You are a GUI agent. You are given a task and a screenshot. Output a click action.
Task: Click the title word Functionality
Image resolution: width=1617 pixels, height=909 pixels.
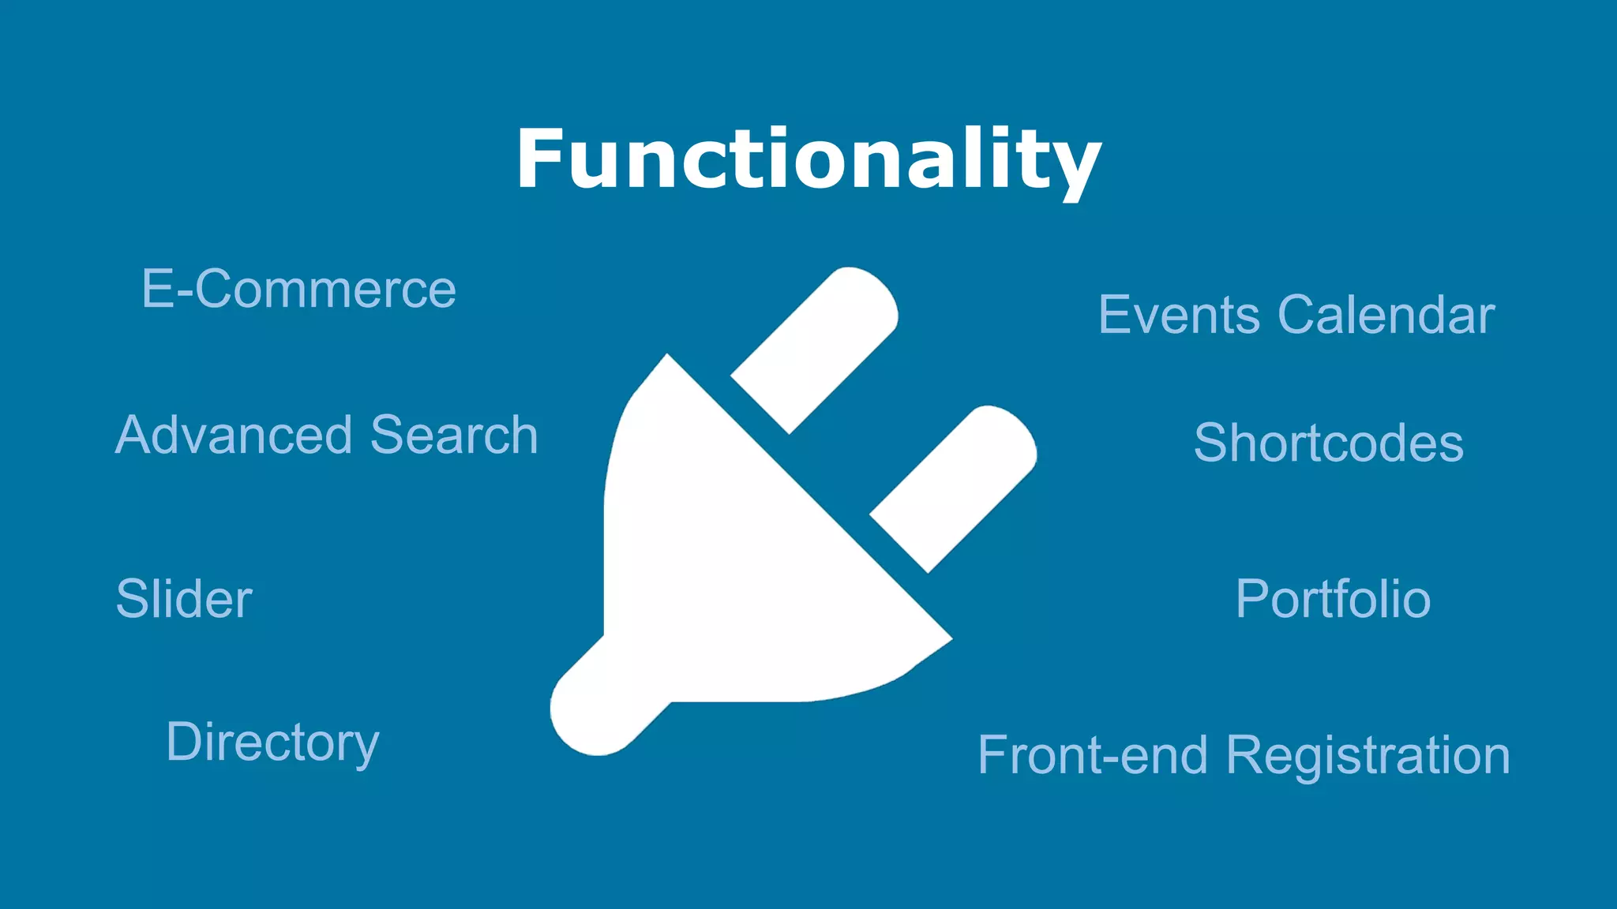[x=808, y=159]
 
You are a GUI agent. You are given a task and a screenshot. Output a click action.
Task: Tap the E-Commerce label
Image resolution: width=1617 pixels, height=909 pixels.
[x=298, y=289]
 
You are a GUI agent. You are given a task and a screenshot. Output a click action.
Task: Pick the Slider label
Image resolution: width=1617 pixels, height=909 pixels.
[x=184, y=599]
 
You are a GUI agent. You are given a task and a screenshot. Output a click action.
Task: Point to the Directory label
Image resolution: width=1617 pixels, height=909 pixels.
[x=272, y=743]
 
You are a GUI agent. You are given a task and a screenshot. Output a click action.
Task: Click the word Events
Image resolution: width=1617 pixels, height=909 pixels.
[x=1180, y=315]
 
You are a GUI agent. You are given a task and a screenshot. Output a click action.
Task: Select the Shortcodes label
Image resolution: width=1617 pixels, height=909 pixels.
[x=1328, y=443]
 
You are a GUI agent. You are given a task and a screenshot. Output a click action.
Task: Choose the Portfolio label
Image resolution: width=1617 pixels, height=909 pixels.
[x=1333, y=599]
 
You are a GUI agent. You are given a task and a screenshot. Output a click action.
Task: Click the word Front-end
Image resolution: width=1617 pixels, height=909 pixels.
[x=1093, y=755]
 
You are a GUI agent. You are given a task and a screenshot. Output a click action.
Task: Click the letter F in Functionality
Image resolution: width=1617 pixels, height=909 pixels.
[x=541, y=159]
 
